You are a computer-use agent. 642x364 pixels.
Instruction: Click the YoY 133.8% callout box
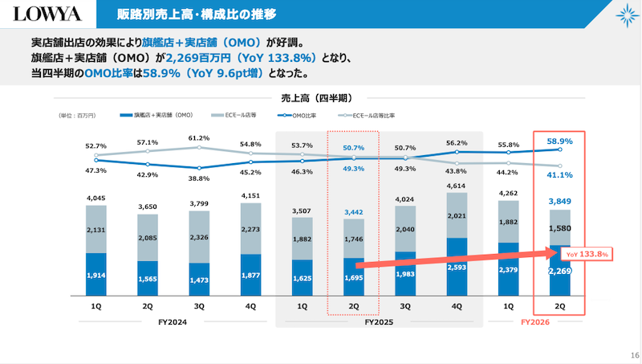pyautogui.click(x=585, y=254)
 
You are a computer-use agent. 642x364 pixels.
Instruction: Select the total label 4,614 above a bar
pyautogui.click(x=456, y=186)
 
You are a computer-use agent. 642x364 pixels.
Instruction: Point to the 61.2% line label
pyautogui.click(x=198, y=138)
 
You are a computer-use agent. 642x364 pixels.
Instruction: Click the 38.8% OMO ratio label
pyautogui.click(x=198, y=178)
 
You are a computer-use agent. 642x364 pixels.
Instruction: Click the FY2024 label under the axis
pyautogui.click(x=173, y=322)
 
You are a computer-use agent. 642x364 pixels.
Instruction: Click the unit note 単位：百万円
pyautogui.click(x=77, y=116)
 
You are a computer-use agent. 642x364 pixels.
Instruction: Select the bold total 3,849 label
pyautogui.click(x=559, y=201)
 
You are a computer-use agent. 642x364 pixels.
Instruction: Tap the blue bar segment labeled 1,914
pyautogui.click(x=95, y=274)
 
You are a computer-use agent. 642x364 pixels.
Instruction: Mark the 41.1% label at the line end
pyautogui.click(x=559, y=175)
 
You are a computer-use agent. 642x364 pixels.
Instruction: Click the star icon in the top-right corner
pyautogui.click(x=624, y=15)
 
